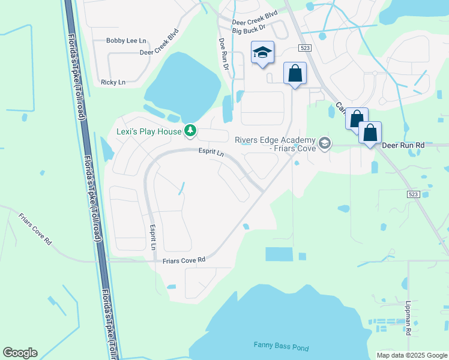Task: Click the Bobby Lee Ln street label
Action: coord(126,41)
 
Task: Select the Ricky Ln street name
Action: coord(113,82)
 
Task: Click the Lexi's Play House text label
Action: coord(149,130)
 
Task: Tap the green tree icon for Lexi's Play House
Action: coord(191,130)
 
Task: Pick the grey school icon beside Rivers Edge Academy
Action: coord(325,143)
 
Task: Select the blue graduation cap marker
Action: coord(262,53)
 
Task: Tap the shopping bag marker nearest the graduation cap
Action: coord(295,74)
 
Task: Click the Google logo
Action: coord(20,353)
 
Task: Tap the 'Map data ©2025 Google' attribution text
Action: coord(411,355)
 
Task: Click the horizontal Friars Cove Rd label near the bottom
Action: coord(184,260)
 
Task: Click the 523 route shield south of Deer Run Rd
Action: coord(412,194)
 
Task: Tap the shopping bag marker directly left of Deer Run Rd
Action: coord(370,133)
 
